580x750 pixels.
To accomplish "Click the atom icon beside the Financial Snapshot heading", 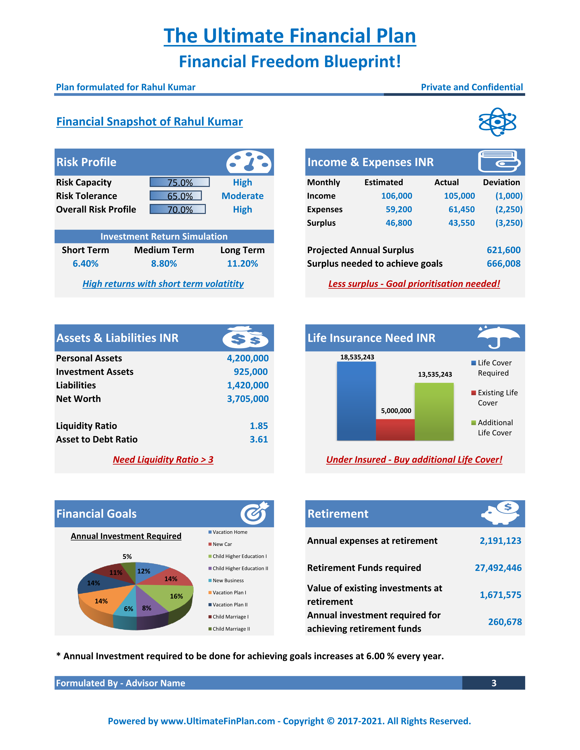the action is click(497, 122).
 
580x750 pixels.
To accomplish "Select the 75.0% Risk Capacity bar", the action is click(179, 182).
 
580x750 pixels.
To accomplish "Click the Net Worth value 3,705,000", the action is click(248, 399).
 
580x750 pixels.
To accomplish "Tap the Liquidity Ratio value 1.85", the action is click(259, 426).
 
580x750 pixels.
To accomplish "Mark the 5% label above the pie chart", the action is click(127, 556).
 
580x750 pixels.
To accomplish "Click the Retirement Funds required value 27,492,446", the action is click(498, 568).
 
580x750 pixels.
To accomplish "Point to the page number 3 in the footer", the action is click(494, 683).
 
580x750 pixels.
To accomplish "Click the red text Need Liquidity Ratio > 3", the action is click(163, 460).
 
